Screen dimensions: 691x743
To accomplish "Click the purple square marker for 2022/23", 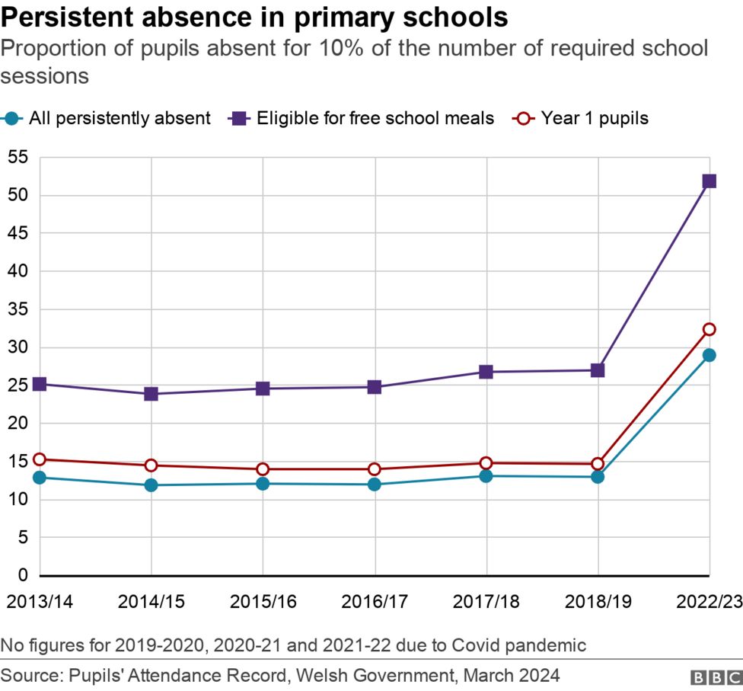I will click(709, 181).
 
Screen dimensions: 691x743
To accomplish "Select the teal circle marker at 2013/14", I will click(40, 478).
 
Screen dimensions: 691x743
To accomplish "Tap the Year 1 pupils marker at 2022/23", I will click(709, 329).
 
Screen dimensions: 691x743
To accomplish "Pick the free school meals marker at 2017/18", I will click(486, 372).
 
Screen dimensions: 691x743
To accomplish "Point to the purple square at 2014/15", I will click(151, 394).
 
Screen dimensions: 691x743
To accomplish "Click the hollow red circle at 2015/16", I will click(263, 469).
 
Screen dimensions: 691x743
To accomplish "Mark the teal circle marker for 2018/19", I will click(598, 477).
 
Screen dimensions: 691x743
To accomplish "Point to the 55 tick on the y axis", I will click(18, 157).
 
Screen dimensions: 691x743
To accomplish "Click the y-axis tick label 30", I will click(18, 347).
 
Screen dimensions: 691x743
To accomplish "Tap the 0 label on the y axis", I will click(23, 575).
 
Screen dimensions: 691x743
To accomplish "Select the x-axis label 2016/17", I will click(374, 602).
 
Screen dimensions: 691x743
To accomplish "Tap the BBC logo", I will click(716, 677).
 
